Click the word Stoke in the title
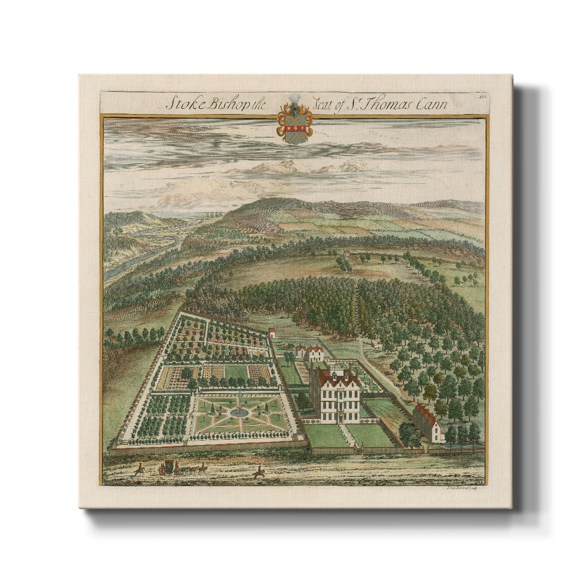click(179, 104)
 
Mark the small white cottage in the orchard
click(377, 346)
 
